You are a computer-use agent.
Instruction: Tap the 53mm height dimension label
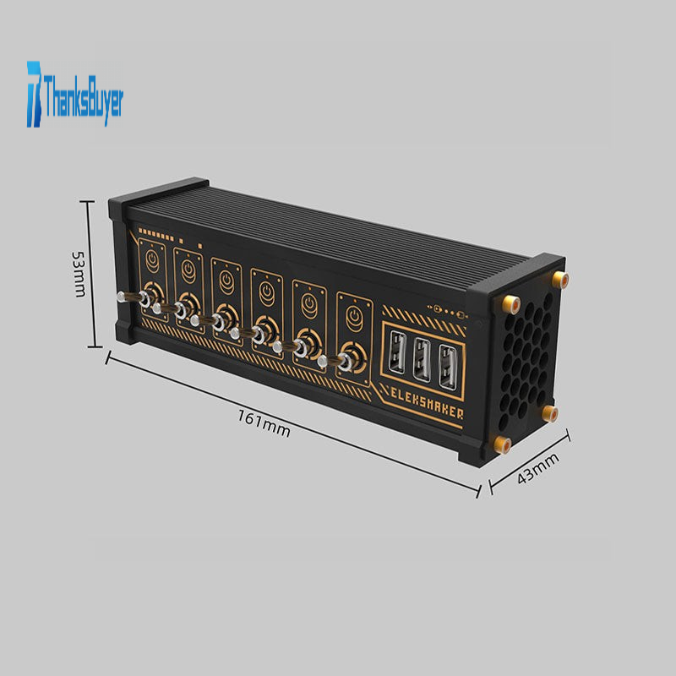[79, 274]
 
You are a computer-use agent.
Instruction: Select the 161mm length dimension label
[264, 423]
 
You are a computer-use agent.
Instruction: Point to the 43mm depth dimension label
[537, 468]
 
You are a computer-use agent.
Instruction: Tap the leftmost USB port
[396, 352]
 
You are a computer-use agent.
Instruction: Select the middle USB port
[422, 361]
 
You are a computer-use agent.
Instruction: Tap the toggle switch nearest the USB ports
[335, 362]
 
